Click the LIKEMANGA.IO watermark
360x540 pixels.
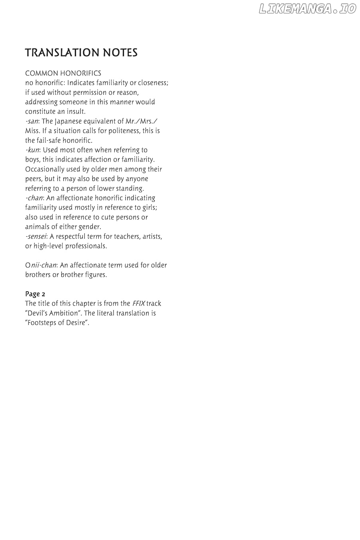pyautogui.click(x=307, y=9)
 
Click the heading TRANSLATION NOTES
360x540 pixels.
pyautogui.click(x=81, y=53)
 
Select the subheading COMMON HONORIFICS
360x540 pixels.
pyautogui.click(x=63, y=73)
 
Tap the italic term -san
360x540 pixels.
pyautogui.click(x=32, y=121)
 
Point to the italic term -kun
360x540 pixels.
pyautogui.click(x=32, y=150)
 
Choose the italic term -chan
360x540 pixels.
pyautogui.click(x=34, y=198)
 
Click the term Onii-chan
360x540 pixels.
pyautogui.click(x=40, y=265)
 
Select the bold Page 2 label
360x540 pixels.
pyautogui.click(x=35, y=294)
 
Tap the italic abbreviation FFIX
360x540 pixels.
pyautogui.click(x=138, y=304)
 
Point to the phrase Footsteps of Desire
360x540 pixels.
pyautogui.click(x=57, y=323)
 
